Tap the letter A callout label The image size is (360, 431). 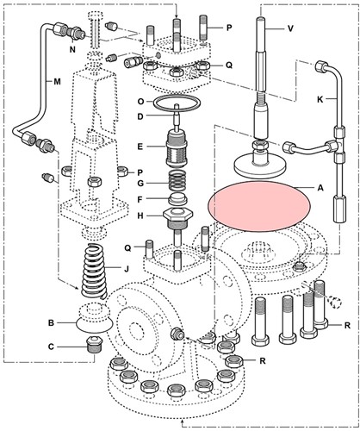tap(321, 188)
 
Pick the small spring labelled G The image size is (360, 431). tap(177, 182)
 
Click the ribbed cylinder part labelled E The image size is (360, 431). tap(177, 147)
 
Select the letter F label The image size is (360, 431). tap(139, 199)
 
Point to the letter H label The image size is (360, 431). tap(139, 215)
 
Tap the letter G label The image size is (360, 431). tap(139, 183)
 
